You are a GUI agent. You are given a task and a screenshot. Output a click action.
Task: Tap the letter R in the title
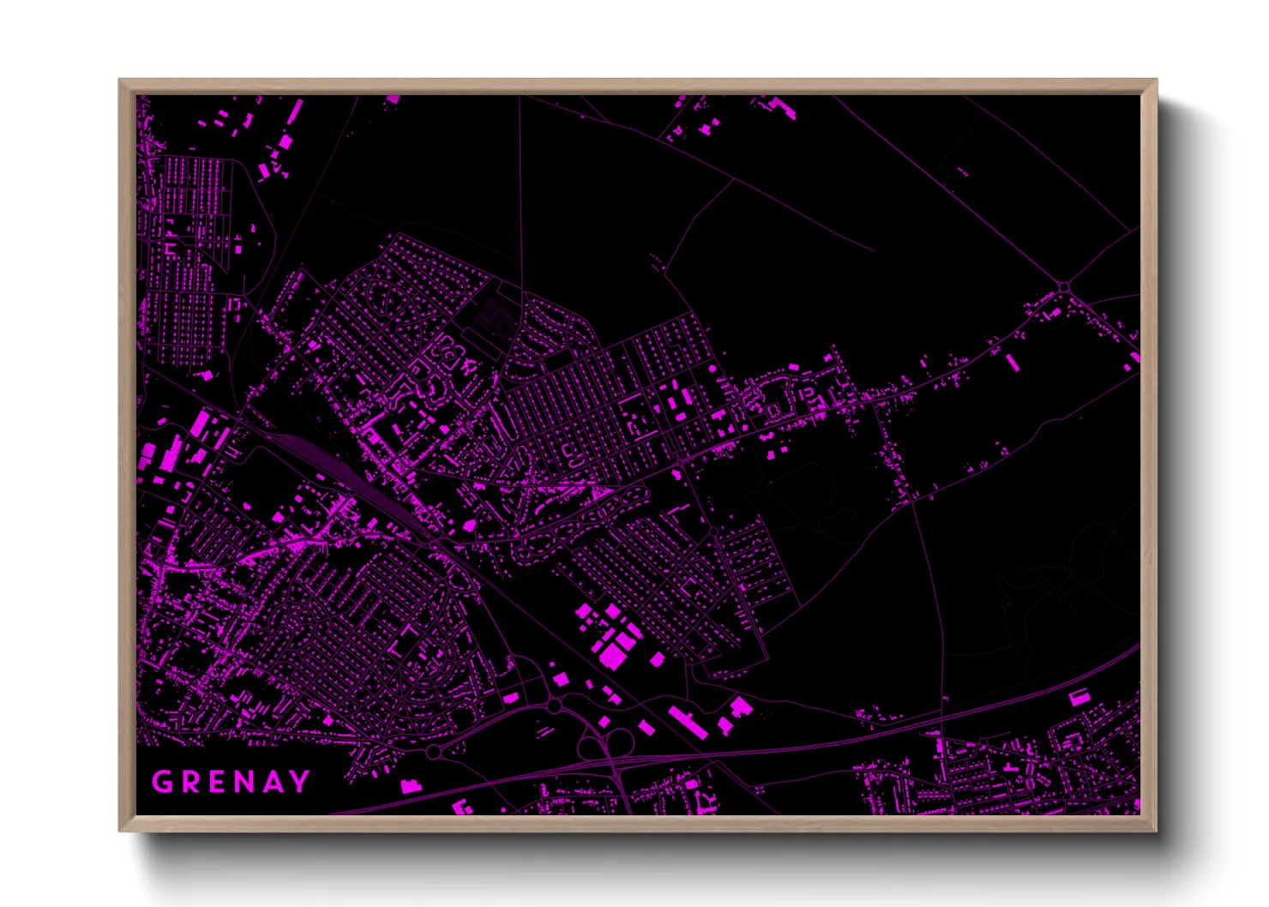coord(191,782)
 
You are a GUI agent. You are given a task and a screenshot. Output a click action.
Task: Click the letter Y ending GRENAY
coord(300,782)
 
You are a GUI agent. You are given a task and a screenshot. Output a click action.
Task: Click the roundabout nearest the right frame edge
coord(1064,287)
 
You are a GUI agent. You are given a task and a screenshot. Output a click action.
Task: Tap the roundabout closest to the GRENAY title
coord(434,752)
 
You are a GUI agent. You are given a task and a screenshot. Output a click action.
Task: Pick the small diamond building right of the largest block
coord(658,659)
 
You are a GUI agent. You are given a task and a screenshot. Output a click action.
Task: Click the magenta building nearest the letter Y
coord(411,784)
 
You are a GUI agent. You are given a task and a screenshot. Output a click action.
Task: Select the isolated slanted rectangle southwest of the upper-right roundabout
coord(1013,362)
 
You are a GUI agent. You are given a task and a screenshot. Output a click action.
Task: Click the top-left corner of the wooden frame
coord(121,81)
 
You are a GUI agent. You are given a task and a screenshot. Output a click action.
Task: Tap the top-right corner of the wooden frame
coord(1155,81)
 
